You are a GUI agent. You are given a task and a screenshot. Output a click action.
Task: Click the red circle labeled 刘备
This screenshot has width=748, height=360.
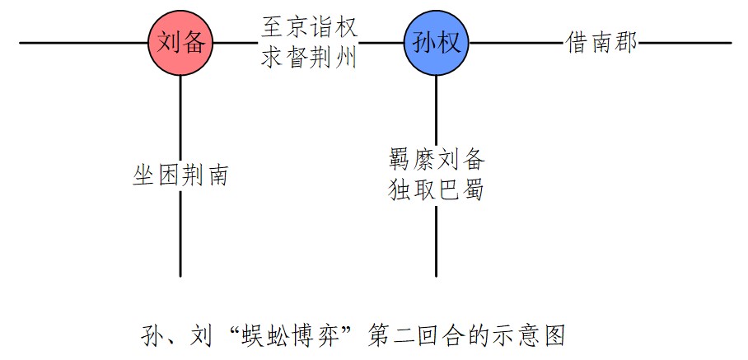180,42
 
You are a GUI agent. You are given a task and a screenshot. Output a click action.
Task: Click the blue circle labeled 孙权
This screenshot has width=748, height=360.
436,42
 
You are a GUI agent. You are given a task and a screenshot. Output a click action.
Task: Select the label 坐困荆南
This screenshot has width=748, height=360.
180,175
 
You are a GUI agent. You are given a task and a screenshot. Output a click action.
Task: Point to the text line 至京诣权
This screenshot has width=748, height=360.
309,27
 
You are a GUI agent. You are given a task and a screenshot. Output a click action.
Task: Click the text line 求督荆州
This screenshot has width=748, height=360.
309,58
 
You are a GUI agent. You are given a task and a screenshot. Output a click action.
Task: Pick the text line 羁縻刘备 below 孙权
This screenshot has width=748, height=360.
436,159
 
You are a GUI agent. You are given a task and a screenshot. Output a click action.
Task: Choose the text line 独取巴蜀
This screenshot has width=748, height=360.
436,190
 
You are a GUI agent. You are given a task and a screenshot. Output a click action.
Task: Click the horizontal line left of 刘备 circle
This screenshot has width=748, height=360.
82,42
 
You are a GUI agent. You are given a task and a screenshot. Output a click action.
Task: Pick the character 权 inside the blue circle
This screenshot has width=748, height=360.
449,43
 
